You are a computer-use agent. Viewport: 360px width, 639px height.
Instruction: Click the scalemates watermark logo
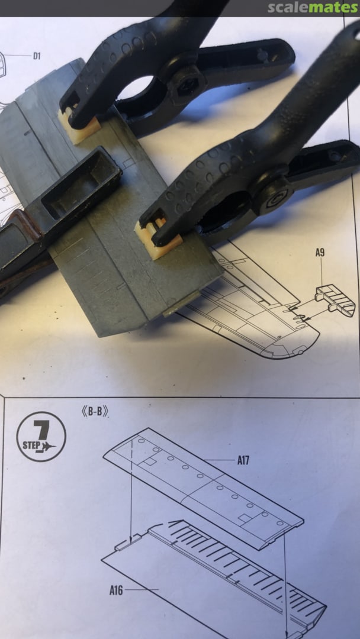pos(313,7)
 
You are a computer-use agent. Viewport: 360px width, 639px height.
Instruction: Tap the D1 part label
pos(37,56)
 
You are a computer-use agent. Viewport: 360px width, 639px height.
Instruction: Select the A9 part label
pos(320,253)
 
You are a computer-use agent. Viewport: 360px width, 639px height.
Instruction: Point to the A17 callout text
pos(243,460)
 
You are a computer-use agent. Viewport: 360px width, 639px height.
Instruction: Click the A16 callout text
pos(116,590)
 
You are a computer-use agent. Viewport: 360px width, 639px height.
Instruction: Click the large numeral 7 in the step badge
pos(41,431)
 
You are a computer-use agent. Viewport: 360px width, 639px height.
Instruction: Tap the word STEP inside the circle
pos(31,444)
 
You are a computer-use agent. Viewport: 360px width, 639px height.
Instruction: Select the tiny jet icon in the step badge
pos(49,447)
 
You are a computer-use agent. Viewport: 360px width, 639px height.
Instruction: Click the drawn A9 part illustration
pos(335,301)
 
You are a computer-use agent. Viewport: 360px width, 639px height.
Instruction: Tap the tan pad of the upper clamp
pos(79,124)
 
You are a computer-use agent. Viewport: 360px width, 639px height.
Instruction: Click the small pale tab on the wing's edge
pos(181,304)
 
